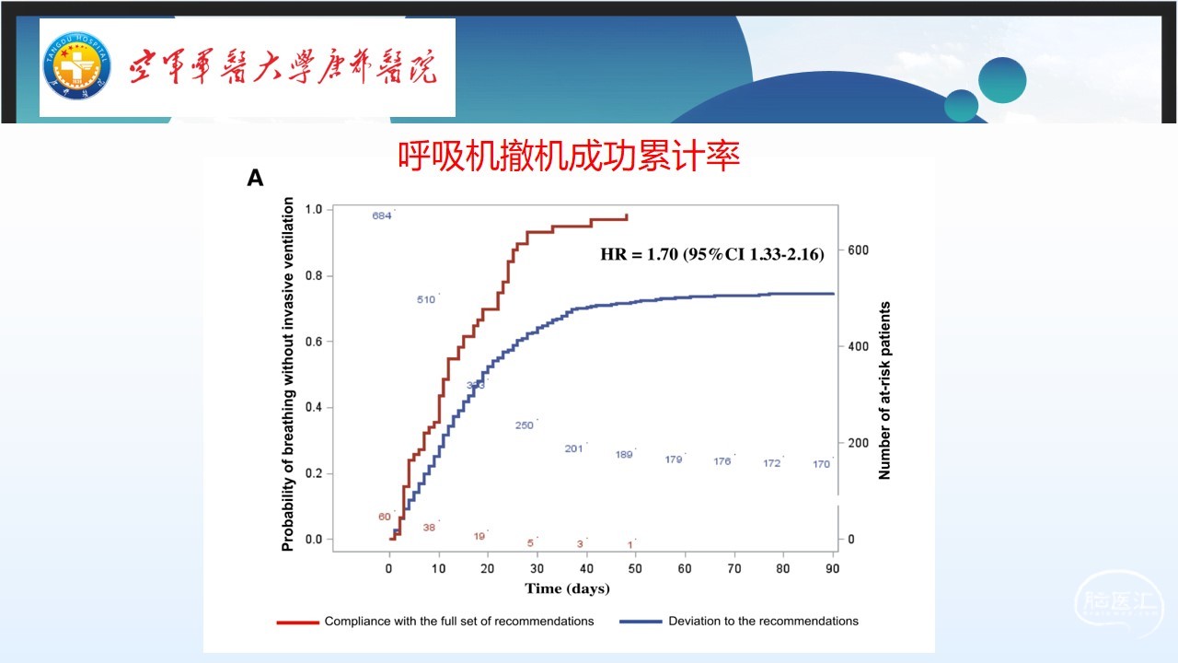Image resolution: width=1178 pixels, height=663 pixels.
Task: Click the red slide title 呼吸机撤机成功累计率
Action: click(569, 157)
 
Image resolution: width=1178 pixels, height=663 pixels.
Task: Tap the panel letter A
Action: click(255, 179)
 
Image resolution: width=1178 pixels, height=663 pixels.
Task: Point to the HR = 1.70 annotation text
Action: click(711, 253)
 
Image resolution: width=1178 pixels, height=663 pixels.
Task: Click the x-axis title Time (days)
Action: click(567, 588)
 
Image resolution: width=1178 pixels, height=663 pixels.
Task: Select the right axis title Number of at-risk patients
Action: click(884, 390)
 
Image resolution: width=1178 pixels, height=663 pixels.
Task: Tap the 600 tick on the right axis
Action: click(858, 250)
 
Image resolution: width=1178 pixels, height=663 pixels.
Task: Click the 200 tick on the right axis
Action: click(858, 443)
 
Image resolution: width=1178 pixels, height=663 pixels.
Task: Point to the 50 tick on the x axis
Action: click(635, 569)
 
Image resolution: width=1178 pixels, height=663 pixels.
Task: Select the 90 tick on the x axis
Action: click(832, 569)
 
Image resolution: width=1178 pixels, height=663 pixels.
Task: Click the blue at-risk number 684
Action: click(382, 216)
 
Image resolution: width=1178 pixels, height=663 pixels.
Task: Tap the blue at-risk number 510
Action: click(425, 300)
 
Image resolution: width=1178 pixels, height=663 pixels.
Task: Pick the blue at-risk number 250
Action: click(525, 425)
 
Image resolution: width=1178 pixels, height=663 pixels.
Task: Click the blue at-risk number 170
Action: click(821, 464)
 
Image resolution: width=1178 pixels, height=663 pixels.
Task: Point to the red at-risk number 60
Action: click(385, 517)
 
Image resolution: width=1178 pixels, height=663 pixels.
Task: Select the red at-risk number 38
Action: click(429, 528)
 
